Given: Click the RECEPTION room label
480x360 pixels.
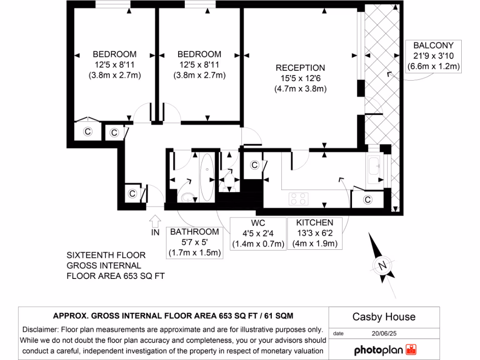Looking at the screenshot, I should coord(300,68).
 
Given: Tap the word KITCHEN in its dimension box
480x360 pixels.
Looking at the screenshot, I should coord(315,223).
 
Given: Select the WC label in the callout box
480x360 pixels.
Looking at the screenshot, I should coord(258,223).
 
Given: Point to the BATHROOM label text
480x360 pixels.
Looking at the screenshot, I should coord(194,232).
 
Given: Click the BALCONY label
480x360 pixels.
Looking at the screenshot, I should coord(433,45).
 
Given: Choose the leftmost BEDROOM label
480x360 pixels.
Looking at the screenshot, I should coord(114,54).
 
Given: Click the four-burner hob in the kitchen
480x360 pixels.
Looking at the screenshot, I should coord(297,198).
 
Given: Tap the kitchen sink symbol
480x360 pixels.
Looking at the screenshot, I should coord(375,165).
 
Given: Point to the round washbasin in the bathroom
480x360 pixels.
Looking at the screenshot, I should coord(188,197).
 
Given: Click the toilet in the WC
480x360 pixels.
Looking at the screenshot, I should coord(229,178).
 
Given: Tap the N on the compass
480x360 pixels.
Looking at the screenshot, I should coord(382,266).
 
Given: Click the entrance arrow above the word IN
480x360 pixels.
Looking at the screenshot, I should coord(155,220).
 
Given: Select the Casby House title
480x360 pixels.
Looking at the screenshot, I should coord(384,317).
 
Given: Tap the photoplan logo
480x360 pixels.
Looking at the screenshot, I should coord(384,350).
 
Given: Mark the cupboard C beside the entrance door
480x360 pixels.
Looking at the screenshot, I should coord(132,193).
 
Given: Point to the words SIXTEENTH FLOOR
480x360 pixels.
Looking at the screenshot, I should coord(106,255).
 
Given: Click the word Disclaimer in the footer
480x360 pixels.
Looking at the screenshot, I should coord(40,330).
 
